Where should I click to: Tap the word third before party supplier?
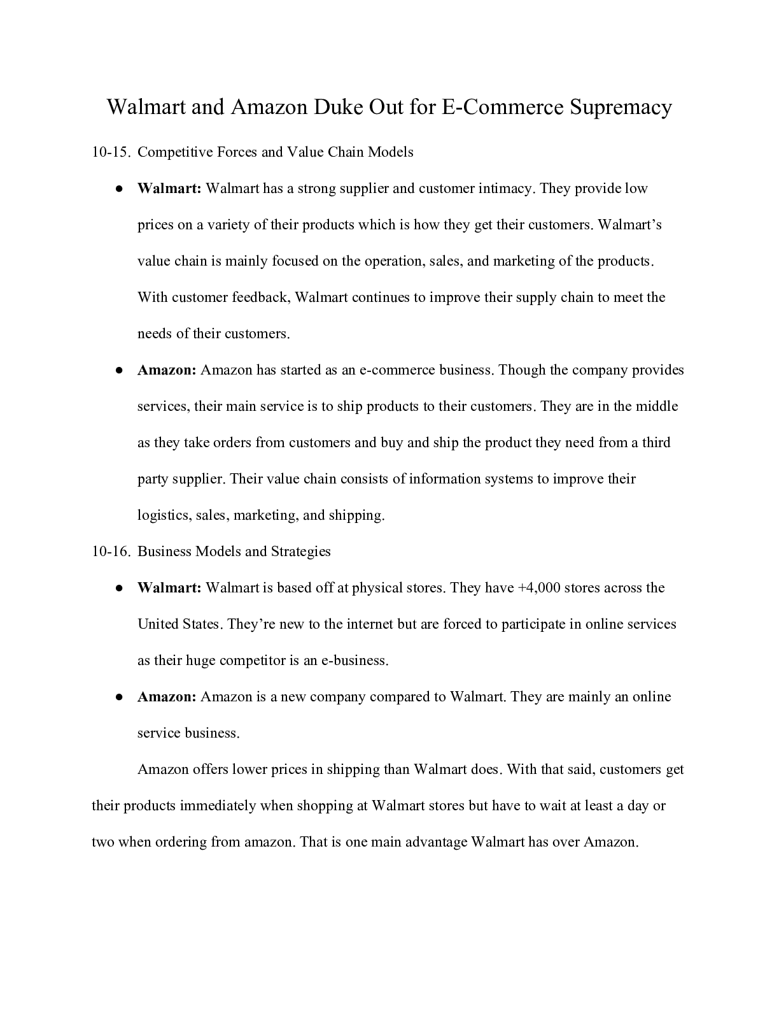[656, 443]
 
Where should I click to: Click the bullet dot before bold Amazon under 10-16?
[119, 698]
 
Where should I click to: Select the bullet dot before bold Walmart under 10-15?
[119, 189]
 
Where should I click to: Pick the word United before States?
[158, 624]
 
